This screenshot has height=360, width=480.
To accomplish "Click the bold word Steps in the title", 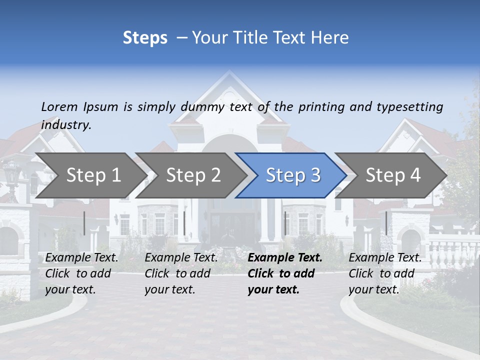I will coord(145,38).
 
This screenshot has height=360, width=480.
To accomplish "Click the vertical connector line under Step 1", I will coord(84,223).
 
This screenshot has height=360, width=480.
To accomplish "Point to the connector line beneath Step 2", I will coord(184,223).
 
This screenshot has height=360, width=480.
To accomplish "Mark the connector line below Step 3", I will coord(285,223).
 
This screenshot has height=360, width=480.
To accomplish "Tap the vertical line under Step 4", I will coord(386,223).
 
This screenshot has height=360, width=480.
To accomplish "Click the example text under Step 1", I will coord(81,273).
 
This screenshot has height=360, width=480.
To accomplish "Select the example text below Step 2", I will coord(181,273).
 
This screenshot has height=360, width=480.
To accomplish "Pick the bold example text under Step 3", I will coord(285,273).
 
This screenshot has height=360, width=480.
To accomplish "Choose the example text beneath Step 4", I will coord(385,273).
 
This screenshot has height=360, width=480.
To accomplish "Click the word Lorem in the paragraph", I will coord(59,106).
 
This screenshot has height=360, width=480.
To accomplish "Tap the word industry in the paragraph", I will coord(65,125).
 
